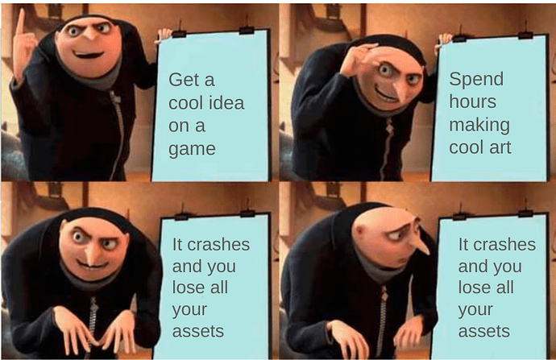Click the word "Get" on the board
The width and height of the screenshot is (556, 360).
(182, 80)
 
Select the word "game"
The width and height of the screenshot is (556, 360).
(192, 149)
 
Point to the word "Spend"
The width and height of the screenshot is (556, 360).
(475, 79)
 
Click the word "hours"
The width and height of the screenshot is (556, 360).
(472, 102)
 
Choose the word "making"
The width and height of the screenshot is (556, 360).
(479, 125)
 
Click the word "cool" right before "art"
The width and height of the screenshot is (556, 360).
(467, 147)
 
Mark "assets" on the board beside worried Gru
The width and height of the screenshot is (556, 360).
(483, 331)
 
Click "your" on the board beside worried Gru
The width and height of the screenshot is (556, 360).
(475, 309)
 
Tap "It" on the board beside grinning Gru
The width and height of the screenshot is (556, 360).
(179, 245)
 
